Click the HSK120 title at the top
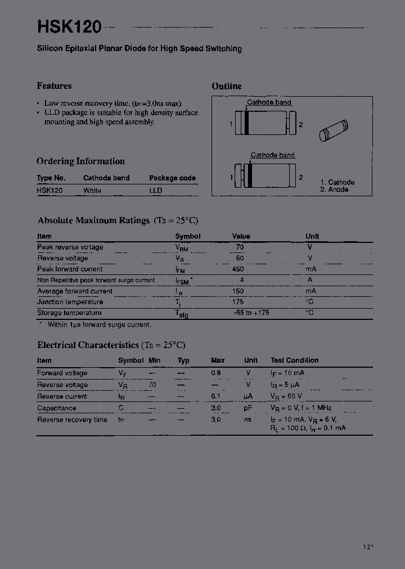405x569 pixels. click(x=69, y=26)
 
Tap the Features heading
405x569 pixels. click(x=54, y=86)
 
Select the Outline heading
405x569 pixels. click(x=227, y=86)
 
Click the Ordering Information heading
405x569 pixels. click(x=80, y=161)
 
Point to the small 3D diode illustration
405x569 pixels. click(x=334, y=130)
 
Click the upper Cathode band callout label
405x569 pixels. click(x=269, y=102)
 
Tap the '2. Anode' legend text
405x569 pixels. click(x=335, y=190)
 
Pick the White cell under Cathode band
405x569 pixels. click(x=92, y=191)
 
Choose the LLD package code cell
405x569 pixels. click(x=156, y=191)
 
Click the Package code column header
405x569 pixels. click(x=172, y=178)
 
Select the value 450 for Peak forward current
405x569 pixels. click(x=238, y=269)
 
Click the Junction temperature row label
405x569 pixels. click(x=70, y=302)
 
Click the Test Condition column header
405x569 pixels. click(x=294, y=360)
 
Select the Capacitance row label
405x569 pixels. click(x=56, y=408)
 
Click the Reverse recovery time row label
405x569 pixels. click(x=72, y=420)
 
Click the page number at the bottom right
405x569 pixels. click(x=368, y=547)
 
